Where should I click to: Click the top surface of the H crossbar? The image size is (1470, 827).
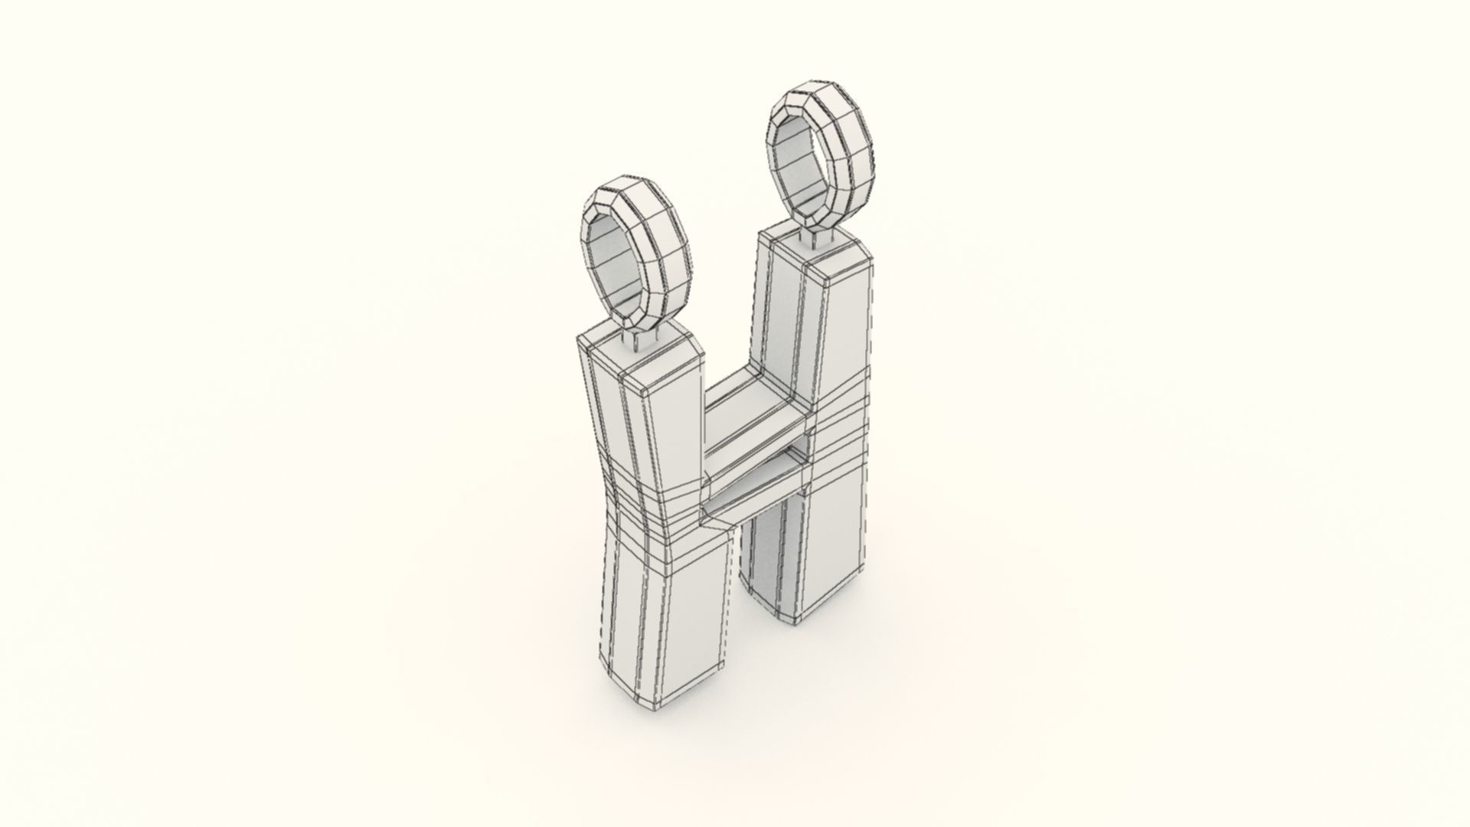pyautogui.click(x=754, y=406)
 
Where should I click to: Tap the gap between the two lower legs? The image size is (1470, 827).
pyautogui.click(x=737, y=582)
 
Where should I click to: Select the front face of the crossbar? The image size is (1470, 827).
pyautogui.click(x=754, y=452)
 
